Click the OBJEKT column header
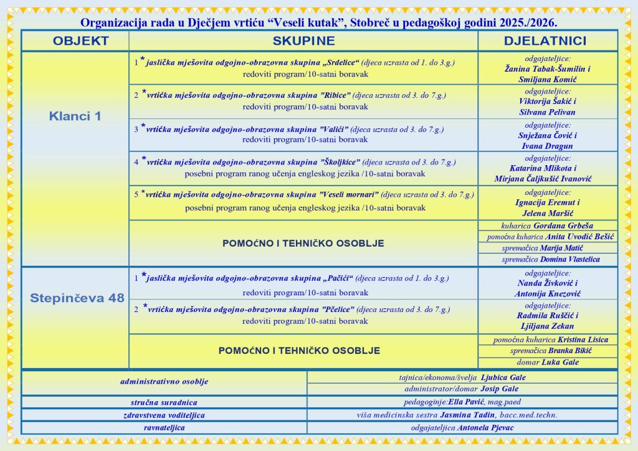tap(80, 41)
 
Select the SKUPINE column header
tap(303, 41)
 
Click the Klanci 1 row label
tap(75, 116)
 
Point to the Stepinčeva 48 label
tap(77, 298)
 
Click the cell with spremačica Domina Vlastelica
tap(547, 259)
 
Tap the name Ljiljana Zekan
tap(548, 326)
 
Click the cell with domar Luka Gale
tap(548, 362)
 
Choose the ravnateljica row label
tap(164, 428)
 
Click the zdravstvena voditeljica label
tap(164, 415)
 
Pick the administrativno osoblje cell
tap(164, 382)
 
